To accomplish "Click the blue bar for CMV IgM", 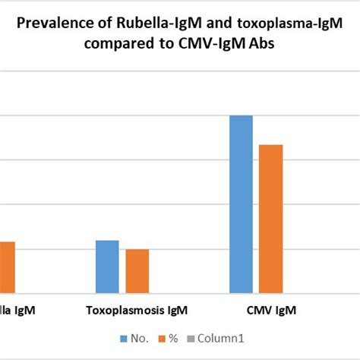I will click(241, 204).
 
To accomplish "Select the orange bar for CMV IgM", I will click(271, 219).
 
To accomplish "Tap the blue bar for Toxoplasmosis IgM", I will click(107, 266).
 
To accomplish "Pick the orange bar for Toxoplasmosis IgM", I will click(137, 270).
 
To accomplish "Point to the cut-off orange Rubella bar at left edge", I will click(6, 267).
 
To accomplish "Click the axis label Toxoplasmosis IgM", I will click(137, 311).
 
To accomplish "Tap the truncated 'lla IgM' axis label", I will click(16, 311).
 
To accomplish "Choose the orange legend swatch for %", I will click(161, 338).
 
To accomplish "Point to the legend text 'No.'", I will click(140, 338).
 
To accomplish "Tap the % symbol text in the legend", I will click(172, 338).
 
